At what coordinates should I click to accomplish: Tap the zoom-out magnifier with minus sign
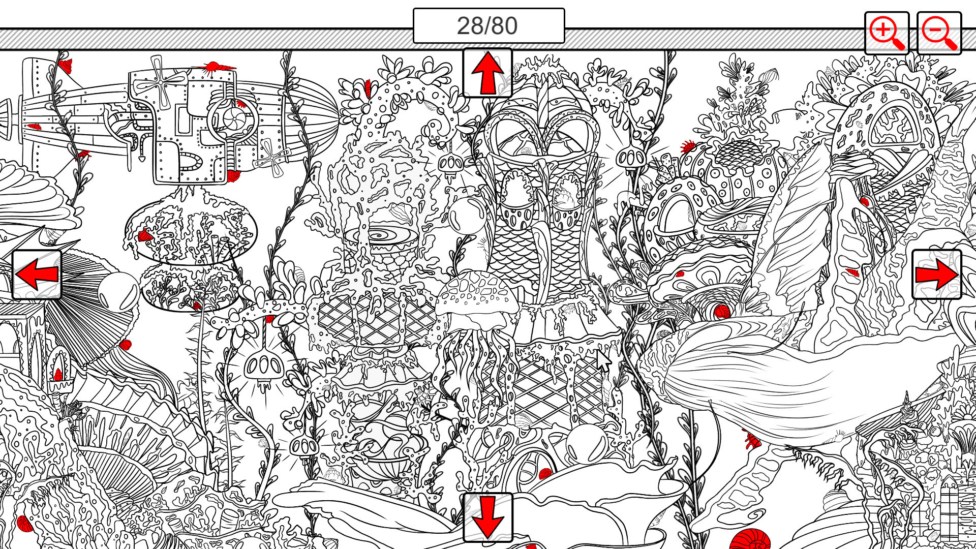939,33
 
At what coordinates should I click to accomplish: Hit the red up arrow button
487,73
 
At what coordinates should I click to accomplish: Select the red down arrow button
487,517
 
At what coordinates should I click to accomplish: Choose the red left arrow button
37,274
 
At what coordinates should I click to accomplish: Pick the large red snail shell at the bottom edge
750,539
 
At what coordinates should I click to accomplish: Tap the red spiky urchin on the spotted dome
688,146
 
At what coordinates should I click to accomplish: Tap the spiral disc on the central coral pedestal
381,237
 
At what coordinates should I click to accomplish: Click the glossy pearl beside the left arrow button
118,292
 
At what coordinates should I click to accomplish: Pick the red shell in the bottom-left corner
24,523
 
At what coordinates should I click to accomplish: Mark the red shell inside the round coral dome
145,235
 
